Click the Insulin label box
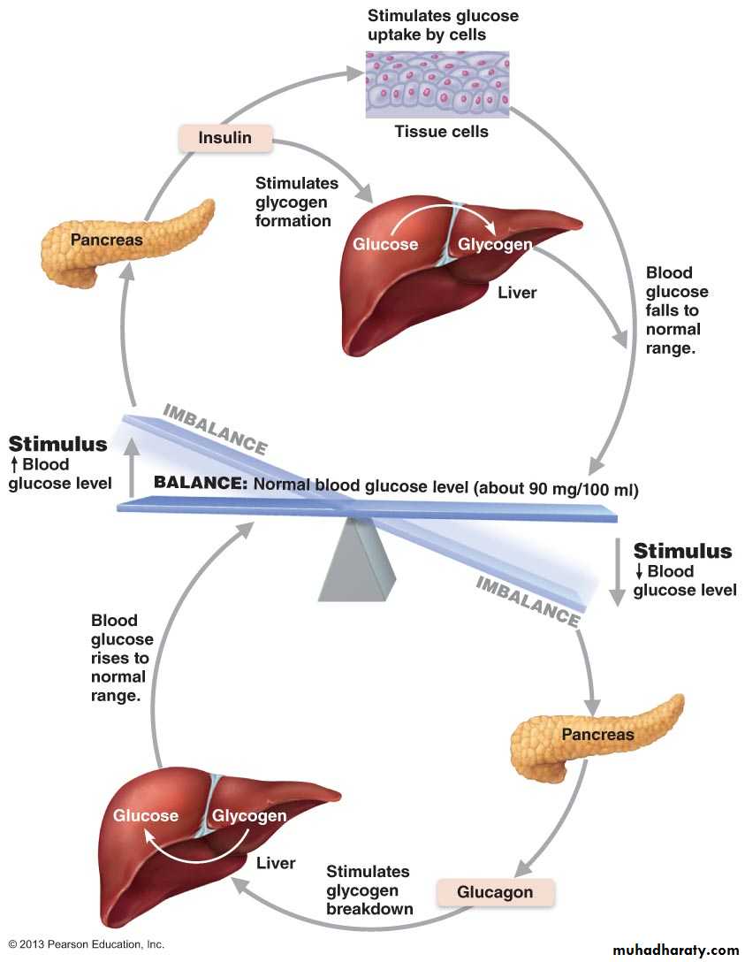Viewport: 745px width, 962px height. coord(224,138)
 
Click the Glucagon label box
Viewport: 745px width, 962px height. coord(495,892)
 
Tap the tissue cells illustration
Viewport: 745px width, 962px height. coord(438,85)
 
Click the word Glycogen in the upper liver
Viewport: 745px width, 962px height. coord(494,244)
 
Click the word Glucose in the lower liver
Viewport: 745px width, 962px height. coord(146,815)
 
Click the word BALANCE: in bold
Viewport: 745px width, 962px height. coord(201,485)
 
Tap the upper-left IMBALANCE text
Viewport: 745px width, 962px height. coord(215,429)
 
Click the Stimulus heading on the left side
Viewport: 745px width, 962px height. coord(57,444)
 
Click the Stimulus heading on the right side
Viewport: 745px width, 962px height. coord(682,552)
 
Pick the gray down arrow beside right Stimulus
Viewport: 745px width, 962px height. coord(617,574)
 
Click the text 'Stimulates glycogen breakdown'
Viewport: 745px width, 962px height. coord(369,890)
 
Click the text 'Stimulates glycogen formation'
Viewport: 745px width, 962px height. coord(297,202)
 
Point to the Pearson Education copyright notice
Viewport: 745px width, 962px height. coord(87,944)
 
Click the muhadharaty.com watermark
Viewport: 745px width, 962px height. coord(674,951)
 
